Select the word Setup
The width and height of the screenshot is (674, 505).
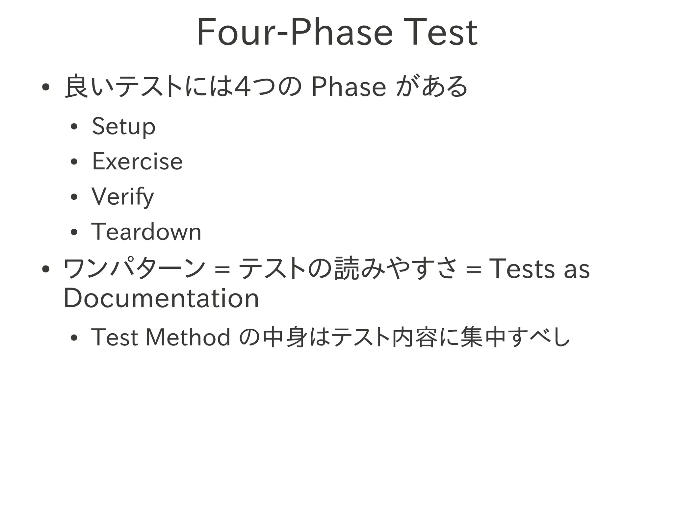(123, 126)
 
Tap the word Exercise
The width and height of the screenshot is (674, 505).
(137, 162)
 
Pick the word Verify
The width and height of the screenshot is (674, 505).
(122, 197)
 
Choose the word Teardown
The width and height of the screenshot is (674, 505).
(146, 232)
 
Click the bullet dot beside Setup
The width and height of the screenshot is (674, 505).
(74, 127)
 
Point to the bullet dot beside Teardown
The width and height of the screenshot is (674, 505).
(74, 232)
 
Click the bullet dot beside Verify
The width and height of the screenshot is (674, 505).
(74, 197)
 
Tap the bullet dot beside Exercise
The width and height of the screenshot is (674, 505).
(74, 162)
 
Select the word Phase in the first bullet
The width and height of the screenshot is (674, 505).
(348, 87)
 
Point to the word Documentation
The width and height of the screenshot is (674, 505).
(161, 298)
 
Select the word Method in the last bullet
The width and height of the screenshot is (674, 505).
(188, 337)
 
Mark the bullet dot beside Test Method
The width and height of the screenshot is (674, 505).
(74, 338)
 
